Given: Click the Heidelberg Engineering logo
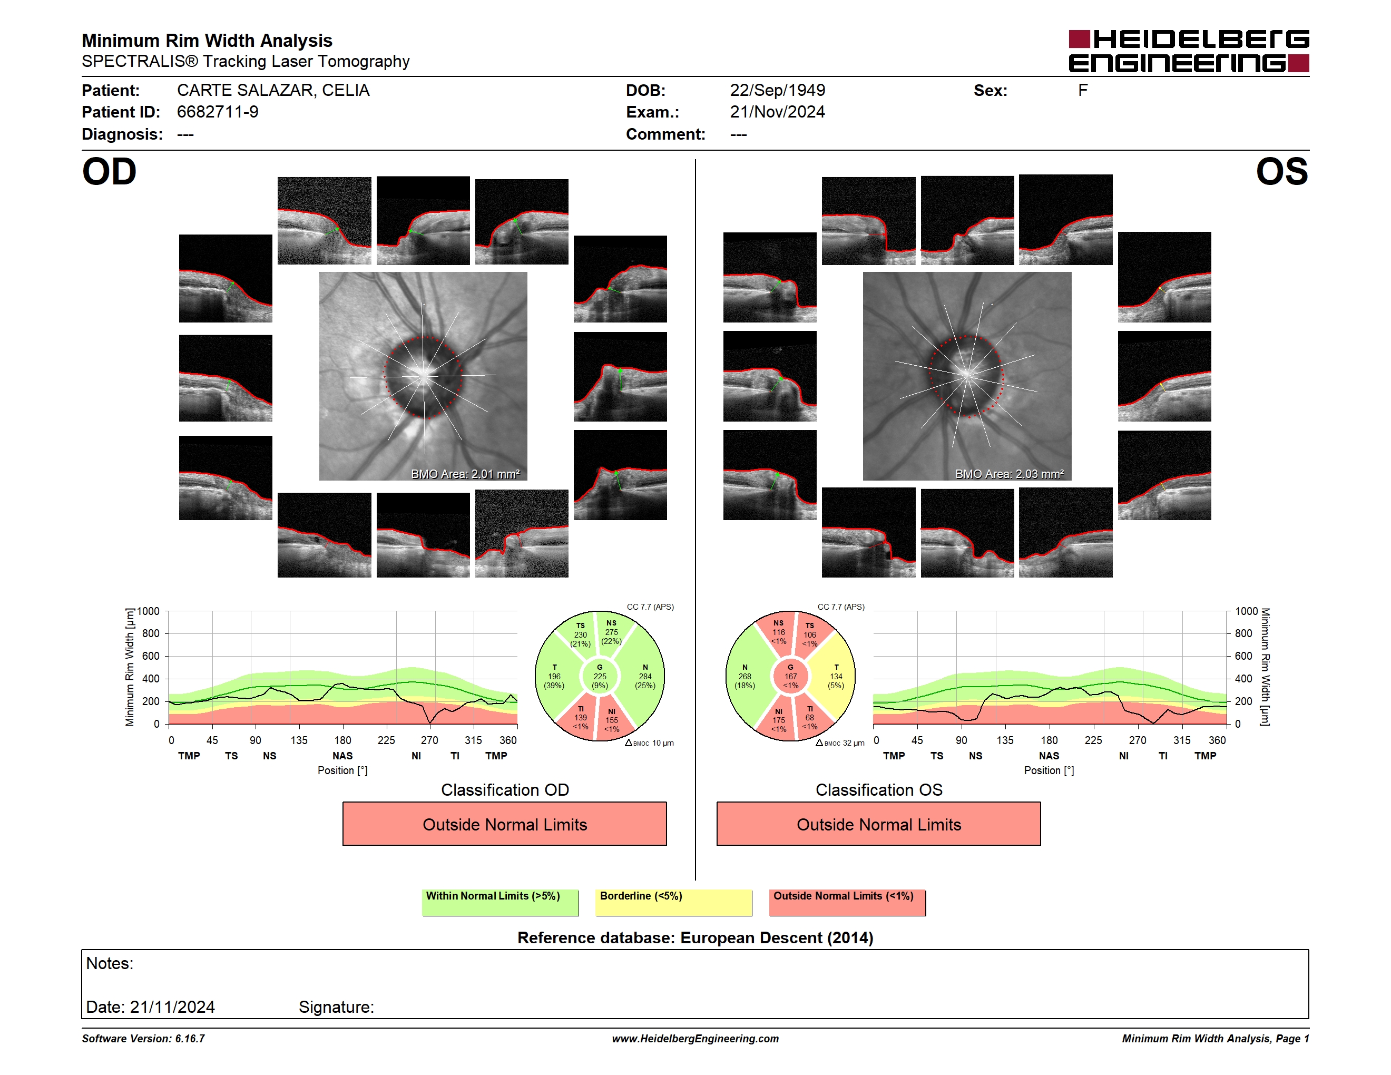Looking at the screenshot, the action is (1189, 51).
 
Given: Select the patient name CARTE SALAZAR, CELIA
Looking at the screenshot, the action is (273, 91).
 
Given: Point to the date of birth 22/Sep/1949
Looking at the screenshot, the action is (777, 91).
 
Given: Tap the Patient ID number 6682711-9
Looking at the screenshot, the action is (218, 112).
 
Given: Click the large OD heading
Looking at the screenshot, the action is (109, 171).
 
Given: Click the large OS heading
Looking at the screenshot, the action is (1281, 171).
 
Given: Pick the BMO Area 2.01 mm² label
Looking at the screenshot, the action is (465, 474).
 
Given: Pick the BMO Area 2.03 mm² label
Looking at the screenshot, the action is (1010, 474).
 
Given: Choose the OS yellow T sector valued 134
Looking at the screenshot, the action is (836, 676).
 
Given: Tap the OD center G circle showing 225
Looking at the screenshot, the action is (599, 676).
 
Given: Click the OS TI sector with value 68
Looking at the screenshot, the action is (809, 717).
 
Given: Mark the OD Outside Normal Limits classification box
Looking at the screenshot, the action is (504, 824).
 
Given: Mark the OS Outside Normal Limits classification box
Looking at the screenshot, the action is (878, 824).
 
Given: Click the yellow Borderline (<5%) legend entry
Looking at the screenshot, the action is (673, 902).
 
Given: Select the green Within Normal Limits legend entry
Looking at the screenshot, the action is (500, 902).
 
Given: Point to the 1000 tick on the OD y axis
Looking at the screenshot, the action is (149, 611).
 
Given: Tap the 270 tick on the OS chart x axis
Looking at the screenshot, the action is (1137, 740).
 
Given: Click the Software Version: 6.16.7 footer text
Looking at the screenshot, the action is (143, 1039).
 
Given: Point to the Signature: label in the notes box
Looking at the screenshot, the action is (336, 1007).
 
